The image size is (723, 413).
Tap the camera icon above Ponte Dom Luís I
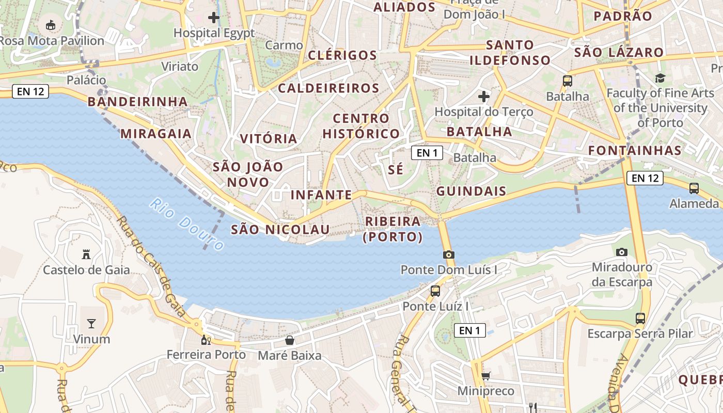pyautogui.click(x=448, y=255)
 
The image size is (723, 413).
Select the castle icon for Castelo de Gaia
pyautogui.click(x=86, y=254)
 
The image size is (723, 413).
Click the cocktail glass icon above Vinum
pyautogui.click(x=91, y=324)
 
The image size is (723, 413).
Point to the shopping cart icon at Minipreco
pyautogui.click(x=485, y=376)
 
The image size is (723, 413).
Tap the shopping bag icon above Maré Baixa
pyautogui.click(x=290, y=340)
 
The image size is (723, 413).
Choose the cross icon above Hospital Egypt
pyautogui.click(x=214, y=18)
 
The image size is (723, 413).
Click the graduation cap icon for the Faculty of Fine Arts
pyautogui.click(x=660, y=78)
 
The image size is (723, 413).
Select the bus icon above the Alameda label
pyautogui.click(x=694, y=188)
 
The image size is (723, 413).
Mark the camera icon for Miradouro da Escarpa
pyautogui.click(x=622, y=252)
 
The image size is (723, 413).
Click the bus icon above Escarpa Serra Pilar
pyautogui.click(x=640, y=318)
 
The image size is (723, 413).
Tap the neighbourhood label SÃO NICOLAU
pyautogui.click(x=280, y=230)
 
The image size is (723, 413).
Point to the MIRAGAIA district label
pyautogui.click(x=156, y=134)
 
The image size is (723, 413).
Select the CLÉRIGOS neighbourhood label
pyautogui.click(x=342, y=55)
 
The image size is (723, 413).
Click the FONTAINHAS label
pyautogui.click(x=635, y=151)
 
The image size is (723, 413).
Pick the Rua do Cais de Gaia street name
pyautogui.click(x=151, y=266)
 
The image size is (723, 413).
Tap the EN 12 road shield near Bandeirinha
pyautogui.click(x=30, y=91)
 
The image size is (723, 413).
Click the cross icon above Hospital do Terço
pyautogui.click(x=484, y=96)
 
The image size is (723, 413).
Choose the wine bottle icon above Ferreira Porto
pyautogui.click(x=206, y=340)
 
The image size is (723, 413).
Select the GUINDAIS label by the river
pyautogui.click(x=471, y=192)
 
